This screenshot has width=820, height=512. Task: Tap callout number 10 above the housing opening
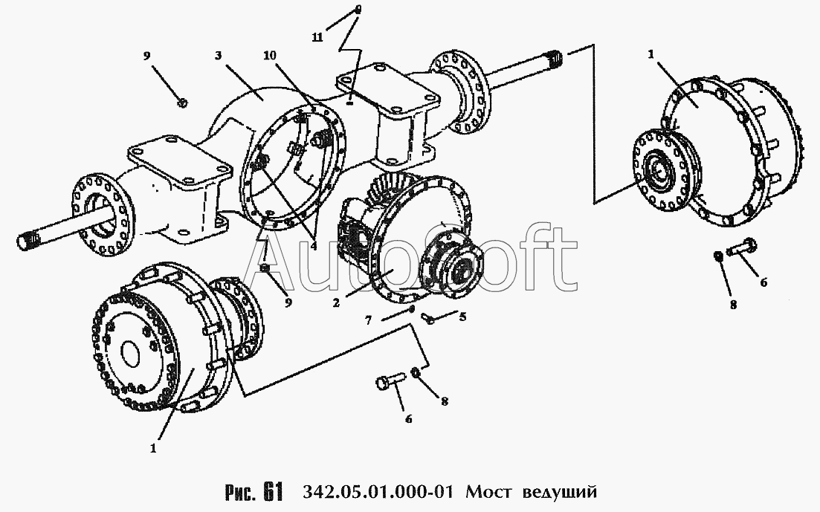point(271,55)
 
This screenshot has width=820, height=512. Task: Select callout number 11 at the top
point(317,36)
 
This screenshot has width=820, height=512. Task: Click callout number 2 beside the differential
point(336,302)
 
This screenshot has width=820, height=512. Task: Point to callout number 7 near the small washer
point(368,320)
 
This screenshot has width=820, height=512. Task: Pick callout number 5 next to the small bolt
point(462,317)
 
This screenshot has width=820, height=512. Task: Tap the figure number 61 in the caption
point(273,492)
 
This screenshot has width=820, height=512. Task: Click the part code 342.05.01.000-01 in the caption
point(376,492)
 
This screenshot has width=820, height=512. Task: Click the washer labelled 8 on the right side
point(719,257)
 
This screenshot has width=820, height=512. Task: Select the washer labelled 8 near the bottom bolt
point(416,373)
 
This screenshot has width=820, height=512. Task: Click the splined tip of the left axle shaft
point(28,242)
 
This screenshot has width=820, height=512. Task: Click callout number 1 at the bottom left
point(152,448)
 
